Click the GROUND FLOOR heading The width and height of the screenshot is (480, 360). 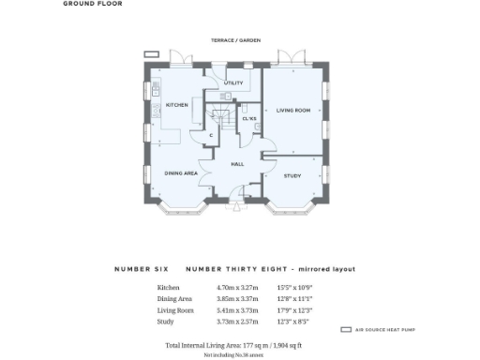coord(92,4)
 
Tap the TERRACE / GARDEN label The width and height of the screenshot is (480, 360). coord(235,40)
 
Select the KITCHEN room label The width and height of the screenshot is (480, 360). coord(177,105)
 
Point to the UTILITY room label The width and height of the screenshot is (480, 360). coord(233,82)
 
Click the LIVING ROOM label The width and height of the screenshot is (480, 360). coord(292,111)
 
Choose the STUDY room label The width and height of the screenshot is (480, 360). coord(292,174)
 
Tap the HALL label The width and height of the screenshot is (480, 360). coord(237,163)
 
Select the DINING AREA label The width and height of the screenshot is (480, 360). coord(180,173)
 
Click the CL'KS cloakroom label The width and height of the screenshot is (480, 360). coord(249,119)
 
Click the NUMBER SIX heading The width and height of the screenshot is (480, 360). coord(140,269)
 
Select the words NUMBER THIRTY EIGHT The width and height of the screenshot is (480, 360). coord(225,269)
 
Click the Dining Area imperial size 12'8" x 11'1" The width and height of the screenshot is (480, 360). coord(294,298)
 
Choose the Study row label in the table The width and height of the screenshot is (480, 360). coord(166,321)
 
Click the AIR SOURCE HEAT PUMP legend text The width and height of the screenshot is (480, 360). coord(385,331)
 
